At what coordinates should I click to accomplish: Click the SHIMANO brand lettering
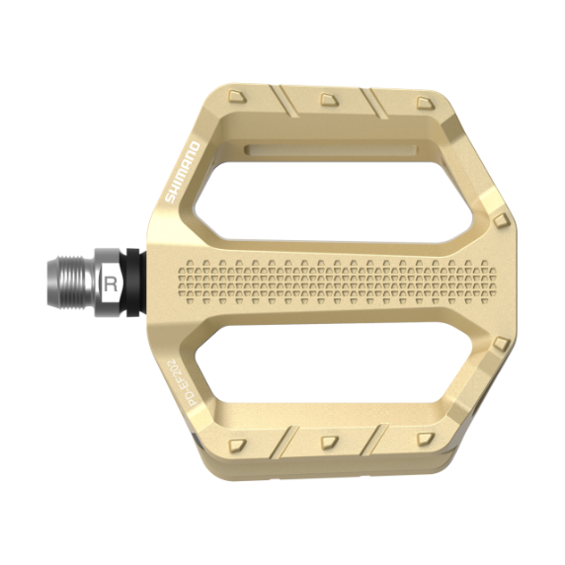[x=181, y=172]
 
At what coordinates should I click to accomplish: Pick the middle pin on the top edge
[x=326, y=99]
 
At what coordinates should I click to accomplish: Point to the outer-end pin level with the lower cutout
[x=501, y=343]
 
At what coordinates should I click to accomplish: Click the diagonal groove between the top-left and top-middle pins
[x=282, y=99]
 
